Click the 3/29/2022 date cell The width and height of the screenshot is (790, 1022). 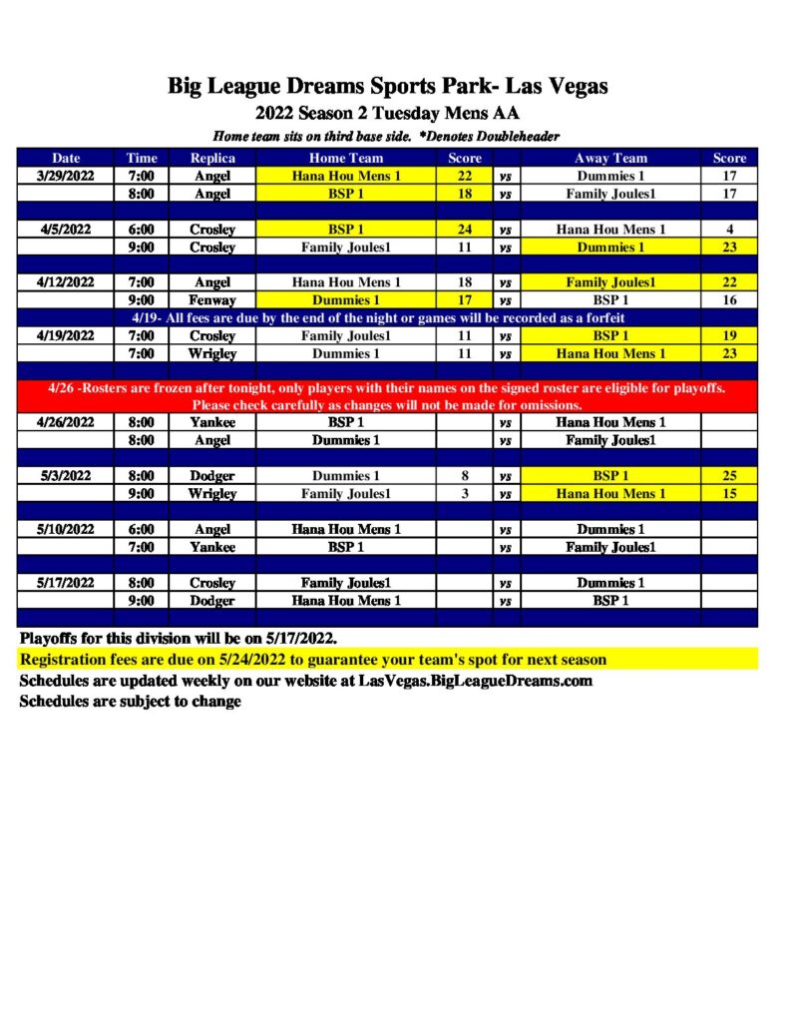coord(67,176)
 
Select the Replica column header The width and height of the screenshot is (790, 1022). coord(212,158)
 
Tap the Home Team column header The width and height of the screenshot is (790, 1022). coord(346,158)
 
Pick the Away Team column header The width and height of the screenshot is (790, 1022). coord(611,158)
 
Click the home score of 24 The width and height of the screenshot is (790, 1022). coord(465,230)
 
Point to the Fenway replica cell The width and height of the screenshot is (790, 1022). coord(212,299)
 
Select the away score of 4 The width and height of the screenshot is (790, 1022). coord(729,230)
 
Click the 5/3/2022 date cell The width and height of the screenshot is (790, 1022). coord(67,476)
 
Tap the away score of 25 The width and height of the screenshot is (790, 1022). coord(729,476)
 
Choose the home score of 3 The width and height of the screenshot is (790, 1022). coord(465,494)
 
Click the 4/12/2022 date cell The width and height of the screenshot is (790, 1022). coord(67,282)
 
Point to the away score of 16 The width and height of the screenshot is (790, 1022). coord(729,299)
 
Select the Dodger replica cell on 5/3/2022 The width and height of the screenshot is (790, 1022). coord(212,476)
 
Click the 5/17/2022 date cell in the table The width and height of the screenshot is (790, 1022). coord(67,583)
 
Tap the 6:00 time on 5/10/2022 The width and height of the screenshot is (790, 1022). coord(141,529)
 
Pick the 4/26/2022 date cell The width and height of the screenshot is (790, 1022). coord(67,422)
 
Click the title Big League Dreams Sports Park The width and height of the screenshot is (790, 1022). coord(388,87)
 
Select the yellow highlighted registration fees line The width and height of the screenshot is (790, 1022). coord(313,660)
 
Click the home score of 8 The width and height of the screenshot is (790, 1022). coord(465,476)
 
